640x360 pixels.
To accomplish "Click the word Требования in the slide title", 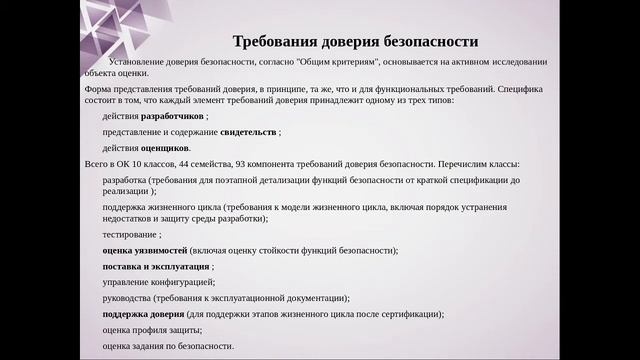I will pos(276,42).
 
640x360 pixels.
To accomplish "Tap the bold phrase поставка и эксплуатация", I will pos(155,266).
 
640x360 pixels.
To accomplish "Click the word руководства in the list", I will pos(128,298).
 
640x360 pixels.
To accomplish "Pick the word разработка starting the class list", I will pos(125,179).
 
